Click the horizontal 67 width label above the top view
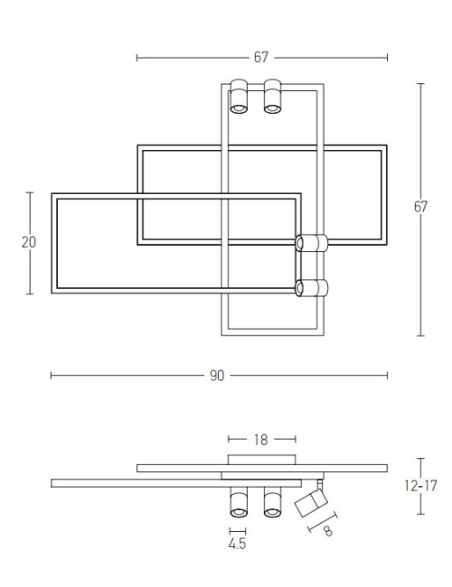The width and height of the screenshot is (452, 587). click(260, 58)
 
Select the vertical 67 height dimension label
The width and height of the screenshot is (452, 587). click(420, 207)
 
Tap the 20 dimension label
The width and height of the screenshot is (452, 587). click(29, 242)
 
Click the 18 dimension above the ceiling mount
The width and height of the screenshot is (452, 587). click(260, 441)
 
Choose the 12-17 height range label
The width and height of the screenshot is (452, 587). click(420, 486)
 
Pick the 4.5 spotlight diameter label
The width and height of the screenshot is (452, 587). click(238, 544)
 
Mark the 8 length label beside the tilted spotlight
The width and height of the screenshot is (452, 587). click(327, 532)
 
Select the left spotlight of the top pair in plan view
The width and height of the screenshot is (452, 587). click(239, 98)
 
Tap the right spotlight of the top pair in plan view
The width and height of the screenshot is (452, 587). click(272, 98)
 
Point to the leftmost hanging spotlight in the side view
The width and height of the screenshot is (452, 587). click(239, 501)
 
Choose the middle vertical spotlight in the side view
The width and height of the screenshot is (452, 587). click(272, 501)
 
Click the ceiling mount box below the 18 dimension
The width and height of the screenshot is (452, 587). click(260, 460)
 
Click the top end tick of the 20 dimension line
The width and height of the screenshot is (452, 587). click(29, 191)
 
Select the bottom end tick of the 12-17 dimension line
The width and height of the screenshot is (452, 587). click(420, 514)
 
